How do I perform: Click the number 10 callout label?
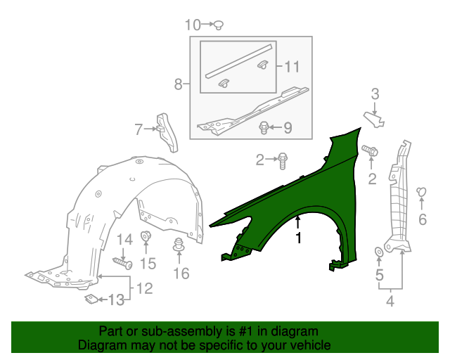click(x=193, y=25)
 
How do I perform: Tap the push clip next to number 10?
click(x=219, y=25)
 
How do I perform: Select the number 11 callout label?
click(x=292, y=67)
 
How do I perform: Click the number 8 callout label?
click(x=178, y=84)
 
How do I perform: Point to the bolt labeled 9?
click(x=264, y=128)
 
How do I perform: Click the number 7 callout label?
click(x=139, y=129)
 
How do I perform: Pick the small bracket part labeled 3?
click(x=374, y=119)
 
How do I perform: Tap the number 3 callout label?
click(x=375, y=94)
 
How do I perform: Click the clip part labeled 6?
click(x=421, y=192)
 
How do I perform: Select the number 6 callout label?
click(x=423, y=219)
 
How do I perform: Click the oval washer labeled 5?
click(x=379, y=252)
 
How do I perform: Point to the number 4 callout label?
click(x=390, y=301)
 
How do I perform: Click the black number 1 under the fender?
click(x=298, y=238)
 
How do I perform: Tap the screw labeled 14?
click(x=123, y=263)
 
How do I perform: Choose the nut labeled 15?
click(x=146, y=236)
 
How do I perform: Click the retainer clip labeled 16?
click(x=179, y=245)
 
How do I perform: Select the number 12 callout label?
click(x=145, y=288)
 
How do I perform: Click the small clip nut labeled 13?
click(x=91, y=299)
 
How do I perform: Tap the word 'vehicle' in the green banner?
click(x=311, y=345)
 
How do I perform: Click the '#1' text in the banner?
click(x=246, y=331)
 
